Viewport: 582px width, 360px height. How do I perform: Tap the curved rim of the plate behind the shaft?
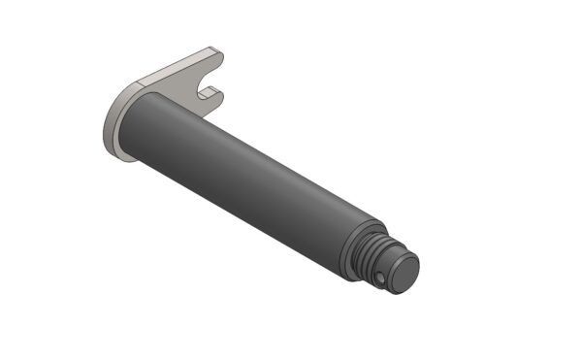pyautogui.click(x=108, y=136)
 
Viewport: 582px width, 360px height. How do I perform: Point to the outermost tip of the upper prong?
pyautogui.click(x=221, y=55)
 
